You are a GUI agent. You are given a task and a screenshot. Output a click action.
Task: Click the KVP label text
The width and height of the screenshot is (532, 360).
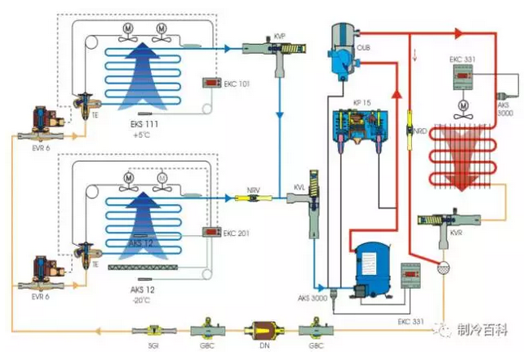[x=280, y=35]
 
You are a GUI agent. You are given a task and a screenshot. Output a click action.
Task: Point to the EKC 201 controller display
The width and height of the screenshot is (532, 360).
[x=215, y=232]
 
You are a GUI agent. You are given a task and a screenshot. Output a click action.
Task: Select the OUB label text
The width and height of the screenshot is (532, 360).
[x=365, y=50]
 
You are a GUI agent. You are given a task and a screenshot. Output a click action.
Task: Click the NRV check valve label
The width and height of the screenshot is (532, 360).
[x=254, y=189]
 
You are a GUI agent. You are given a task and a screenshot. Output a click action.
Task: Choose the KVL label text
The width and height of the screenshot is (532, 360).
[x=299, y=187]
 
